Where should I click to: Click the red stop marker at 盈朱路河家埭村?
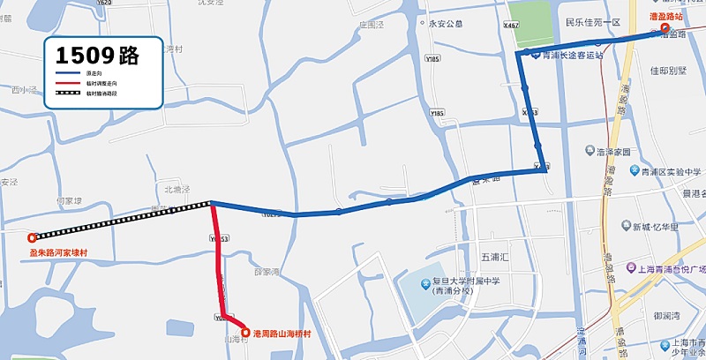(x=32, y=236)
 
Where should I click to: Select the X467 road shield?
(x=510, y=26)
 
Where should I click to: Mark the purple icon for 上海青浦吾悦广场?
(x=630, y=267)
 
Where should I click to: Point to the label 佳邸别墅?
(x=668, y=70)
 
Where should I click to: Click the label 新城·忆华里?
(x=654, y=227)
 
